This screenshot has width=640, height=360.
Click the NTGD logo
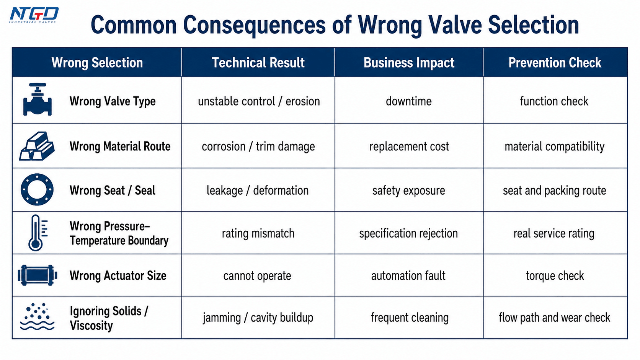tap(34, 15)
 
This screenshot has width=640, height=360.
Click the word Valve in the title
tap(456, 25)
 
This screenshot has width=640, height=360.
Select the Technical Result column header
tap(258, 62)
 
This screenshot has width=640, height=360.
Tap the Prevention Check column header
tap(555, 62)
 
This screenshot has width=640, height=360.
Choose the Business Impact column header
tap(409, 63)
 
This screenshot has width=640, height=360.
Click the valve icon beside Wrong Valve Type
tap(38, 99)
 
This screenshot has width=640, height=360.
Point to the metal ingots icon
tap(37, 146)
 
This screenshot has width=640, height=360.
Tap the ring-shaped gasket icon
tap(37, 189)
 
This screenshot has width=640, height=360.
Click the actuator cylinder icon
tap(38, 275)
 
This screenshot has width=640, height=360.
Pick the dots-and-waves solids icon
tap(37, 317)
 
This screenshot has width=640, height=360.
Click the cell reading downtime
tap(408, 101)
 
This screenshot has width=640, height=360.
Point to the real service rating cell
tap(554, 233)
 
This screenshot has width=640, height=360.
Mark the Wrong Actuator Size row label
tap(118, 275)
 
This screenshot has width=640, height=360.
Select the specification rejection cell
tap(408, 233)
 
